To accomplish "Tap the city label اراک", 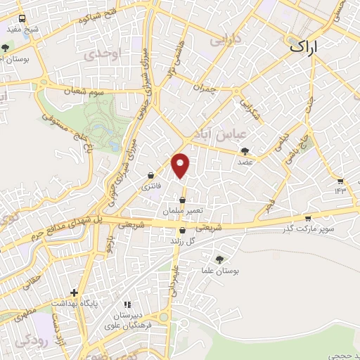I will [303, 47].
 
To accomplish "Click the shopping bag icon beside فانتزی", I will [151, 176].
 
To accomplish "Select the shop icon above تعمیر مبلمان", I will [183, 200].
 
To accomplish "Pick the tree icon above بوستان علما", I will [219, 259].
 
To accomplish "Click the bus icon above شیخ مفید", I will [22, 19].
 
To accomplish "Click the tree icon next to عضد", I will [245, 150].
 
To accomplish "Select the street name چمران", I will [202, 89].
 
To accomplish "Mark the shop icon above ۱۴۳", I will [341, 181].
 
